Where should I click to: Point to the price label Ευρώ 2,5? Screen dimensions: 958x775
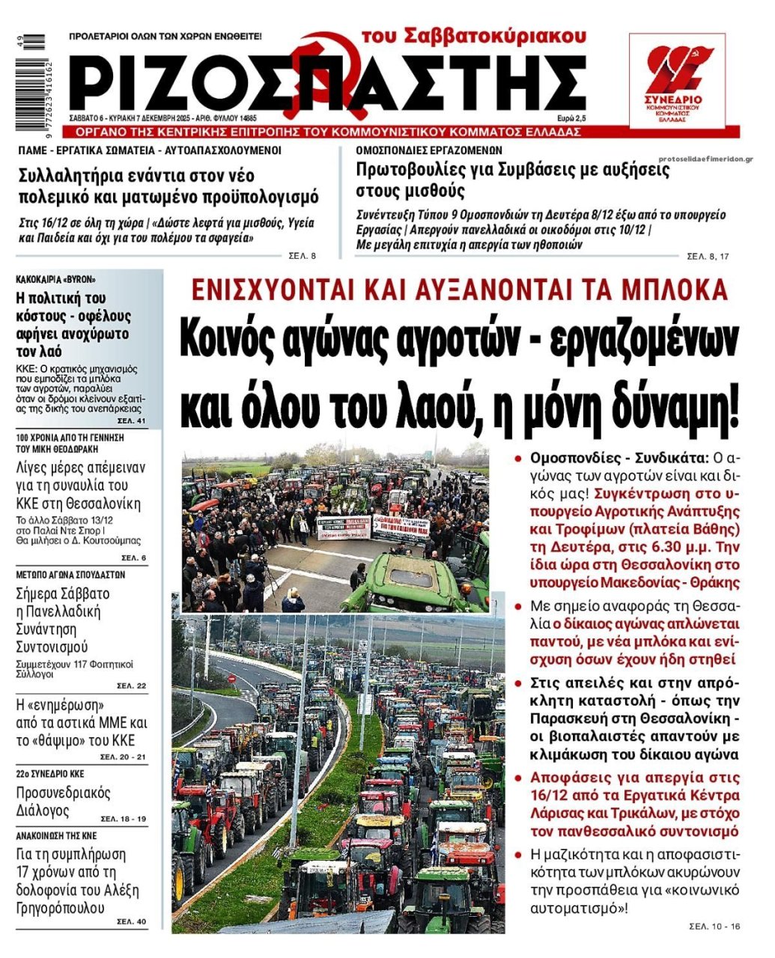point(571,118)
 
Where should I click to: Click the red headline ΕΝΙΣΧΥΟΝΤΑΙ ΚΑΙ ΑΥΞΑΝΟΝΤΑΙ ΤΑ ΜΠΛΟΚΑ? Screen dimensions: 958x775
point(459,290)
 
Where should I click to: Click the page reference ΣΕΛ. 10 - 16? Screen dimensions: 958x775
point(714,927)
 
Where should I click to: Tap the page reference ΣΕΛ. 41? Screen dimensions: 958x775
point(135,422)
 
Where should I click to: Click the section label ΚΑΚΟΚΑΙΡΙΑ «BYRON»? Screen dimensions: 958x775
point(56,279)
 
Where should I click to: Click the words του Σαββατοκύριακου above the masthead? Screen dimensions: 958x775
point(473,36)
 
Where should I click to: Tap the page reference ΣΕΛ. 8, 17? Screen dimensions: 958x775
point(708,257)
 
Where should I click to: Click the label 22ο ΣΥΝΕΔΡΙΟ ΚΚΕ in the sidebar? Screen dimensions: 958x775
point(50,774)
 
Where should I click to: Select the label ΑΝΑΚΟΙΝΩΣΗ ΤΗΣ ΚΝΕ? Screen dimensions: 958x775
point(57,835)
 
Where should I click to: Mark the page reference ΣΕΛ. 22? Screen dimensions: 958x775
point(132,686)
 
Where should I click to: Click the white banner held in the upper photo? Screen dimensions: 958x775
point(344,528)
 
